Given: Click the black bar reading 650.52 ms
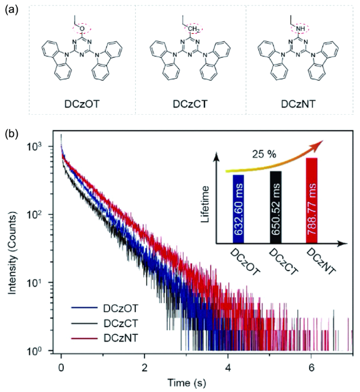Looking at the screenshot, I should [276, 207].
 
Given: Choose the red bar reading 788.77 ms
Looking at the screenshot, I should [312, 200].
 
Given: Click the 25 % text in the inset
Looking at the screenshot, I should [265, 154].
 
